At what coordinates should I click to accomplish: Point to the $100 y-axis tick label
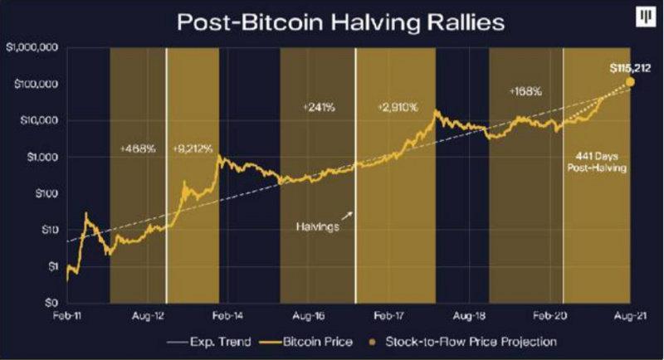coord(44,193)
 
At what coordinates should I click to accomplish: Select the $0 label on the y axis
coord(50,303)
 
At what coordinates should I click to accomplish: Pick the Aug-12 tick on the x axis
coord(146,316)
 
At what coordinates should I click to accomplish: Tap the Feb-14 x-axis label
coord(227,316)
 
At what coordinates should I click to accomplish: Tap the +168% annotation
coord(525,91)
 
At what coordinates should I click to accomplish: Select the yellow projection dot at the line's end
coord(631,81)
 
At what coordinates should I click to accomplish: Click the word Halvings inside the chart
coord(316,226)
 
